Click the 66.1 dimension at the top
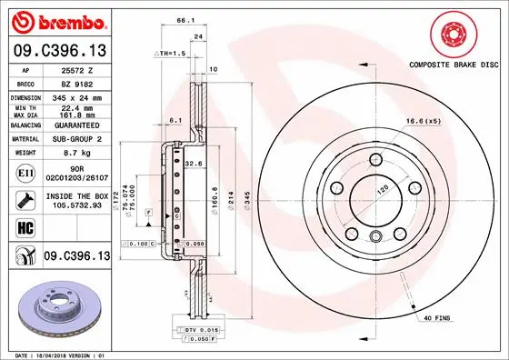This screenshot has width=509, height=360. point(185,19)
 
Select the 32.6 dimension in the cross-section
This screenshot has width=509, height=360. point(194,163)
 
